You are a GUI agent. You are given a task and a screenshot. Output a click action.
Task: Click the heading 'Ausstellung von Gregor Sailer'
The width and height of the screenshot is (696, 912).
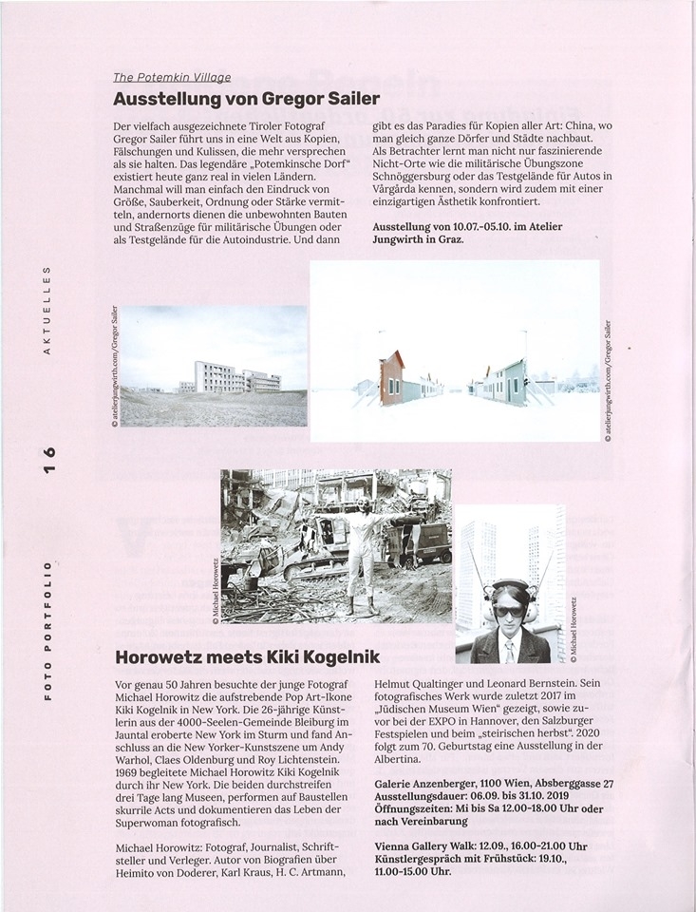pyautogui.click(x=246, y=98)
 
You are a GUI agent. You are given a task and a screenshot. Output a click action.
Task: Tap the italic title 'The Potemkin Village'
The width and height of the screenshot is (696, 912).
pyautogui.click(x=172, y=78)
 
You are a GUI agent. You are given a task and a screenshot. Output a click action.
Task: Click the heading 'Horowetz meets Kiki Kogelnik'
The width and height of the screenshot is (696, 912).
pyautogui.click(x=246, y=655)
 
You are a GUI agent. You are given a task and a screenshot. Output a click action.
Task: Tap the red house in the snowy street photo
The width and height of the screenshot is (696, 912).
pyautogui.click(x=391, y=376)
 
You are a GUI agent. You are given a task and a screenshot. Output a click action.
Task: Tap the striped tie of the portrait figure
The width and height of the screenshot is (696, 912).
pyautogui.click(x=510, y=651)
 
